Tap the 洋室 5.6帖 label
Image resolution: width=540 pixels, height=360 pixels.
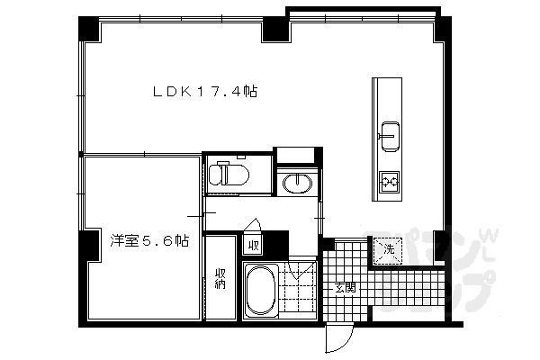point(149,240)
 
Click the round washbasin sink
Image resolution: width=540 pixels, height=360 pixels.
point(295,184)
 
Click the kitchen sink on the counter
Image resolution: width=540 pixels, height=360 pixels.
point(389,135)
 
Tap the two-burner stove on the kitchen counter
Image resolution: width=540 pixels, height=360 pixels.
point(389,183)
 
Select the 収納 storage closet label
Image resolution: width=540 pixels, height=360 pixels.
point(220,277)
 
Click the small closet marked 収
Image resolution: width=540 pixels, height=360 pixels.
point(253,244)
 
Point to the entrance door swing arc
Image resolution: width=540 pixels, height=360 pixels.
point(338,337)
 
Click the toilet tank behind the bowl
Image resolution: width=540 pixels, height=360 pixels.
point(214,174)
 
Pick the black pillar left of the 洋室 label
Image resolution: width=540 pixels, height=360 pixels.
point(88,245)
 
